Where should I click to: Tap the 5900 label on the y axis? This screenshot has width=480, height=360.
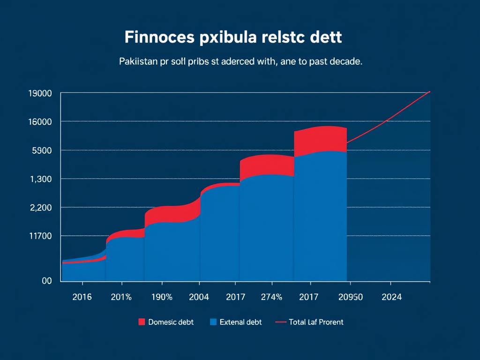coord(41,150)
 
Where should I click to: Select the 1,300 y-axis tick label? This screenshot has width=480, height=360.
coord(41,179)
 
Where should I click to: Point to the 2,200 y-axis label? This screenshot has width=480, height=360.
coord(41,208)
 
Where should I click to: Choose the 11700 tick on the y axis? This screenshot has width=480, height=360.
coord(40,236)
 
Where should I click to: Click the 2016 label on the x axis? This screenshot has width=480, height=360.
coord(82,297)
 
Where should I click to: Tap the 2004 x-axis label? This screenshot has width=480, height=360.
coord(199,297)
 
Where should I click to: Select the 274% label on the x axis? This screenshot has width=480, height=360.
coord(271,297)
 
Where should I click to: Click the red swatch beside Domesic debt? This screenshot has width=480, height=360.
coord(142,322)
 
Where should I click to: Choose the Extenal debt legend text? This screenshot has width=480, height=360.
coord(240,322)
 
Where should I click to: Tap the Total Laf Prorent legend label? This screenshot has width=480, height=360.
coord(316,322)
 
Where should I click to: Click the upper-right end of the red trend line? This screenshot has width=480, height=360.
coord(429,91)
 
